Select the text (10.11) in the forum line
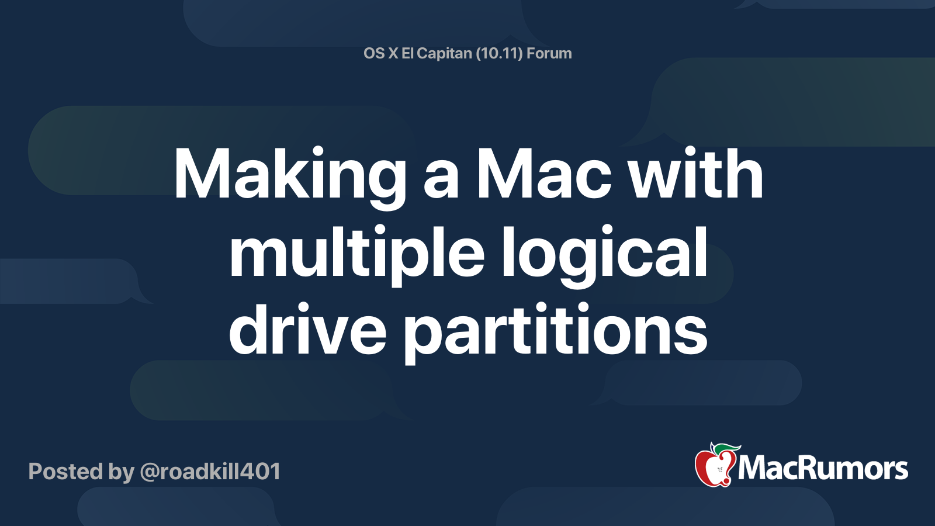499,53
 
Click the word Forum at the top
549,53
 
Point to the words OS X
380,53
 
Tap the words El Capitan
437,53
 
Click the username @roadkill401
210,472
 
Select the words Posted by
81,472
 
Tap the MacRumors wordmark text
823,468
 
